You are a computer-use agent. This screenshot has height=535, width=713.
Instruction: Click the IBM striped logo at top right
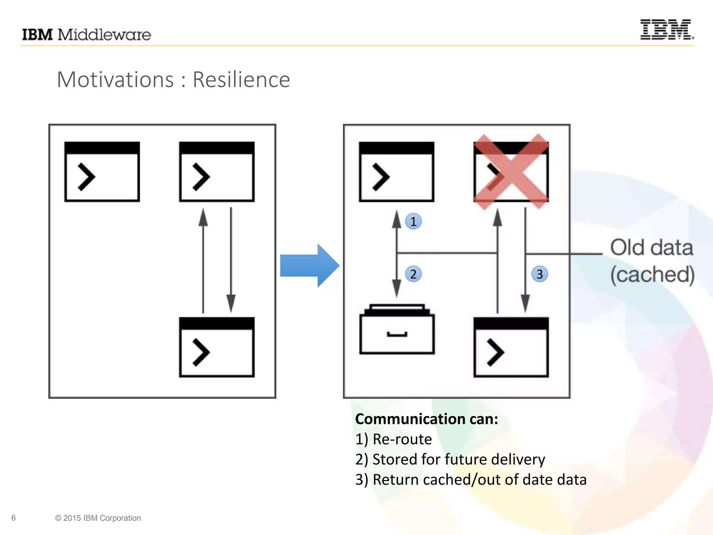(666, 30)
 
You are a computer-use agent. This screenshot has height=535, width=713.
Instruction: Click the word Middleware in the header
(104, 35)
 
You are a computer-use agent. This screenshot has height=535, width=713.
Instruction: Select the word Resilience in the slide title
(241, 79)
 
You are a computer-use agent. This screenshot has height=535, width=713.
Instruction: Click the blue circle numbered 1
(413, 222)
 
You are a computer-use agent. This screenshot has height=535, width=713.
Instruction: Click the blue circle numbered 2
(413, 274)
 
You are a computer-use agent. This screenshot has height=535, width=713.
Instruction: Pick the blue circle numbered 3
(540, 274)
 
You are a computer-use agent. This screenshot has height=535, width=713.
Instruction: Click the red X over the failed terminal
(511, 171)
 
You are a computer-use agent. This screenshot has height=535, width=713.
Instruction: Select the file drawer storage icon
(397, 329)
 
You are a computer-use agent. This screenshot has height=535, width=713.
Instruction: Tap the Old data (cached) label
(652, 261)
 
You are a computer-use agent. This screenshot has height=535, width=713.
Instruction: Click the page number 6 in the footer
(14, 518)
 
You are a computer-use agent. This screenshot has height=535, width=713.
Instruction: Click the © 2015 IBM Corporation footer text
(98, 518)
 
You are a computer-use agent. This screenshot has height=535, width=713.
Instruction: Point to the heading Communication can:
(426, 419)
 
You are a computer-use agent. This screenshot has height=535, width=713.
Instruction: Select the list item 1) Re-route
(393, 439)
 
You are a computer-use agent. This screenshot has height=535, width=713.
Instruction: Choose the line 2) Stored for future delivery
(450, 459)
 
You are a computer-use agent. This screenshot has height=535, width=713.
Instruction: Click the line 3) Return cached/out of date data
(471, 480)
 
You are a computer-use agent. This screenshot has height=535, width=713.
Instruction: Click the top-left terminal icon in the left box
(102, 171)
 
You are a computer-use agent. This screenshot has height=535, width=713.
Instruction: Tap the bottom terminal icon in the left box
(217, 347)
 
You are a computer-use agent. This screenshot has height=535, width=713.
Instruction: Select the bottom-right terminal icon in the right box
(511, 347)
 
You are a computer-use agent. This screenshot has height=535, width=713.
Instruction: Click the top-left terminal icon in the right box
(397, 171)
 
